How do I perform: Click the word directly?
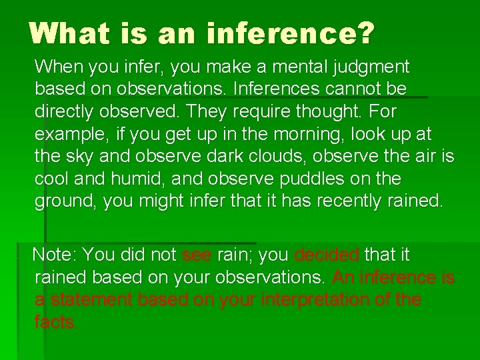(67, 111)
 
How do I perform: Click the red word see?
(195, 255)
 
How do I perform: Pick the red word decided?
(326, 255)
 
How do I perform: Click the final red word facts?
(56, 323)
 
